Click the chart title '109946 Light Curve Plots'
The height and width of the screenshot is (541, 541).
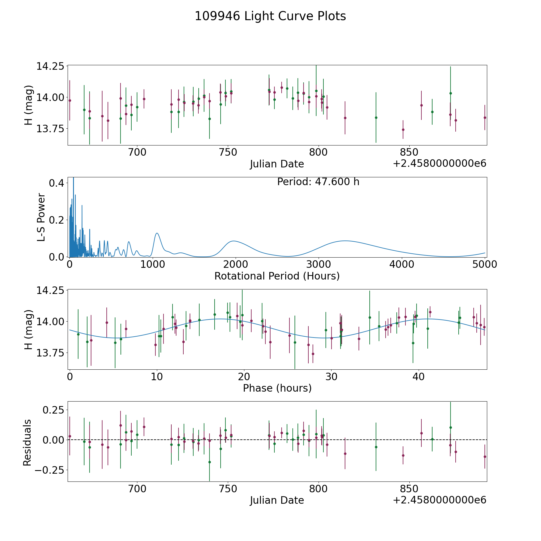click(x=270, y=16)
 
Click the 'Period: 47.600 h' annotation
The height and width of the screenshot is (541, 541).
click(x=318, y=182)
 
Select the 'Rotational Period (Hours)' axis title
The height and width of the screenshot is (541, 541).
click(x=277, y=276)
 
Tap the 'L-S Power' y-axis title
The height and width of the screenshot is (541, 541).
click(x=41, y=217)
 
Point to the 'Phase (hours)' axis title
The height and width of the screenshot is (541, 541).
click(x=277, y=388)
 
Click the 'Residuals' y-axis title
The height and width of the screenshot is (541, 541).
click(x=27, y=443)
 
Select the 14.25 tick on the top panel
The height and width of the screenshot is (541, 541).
click(x=50, y=66)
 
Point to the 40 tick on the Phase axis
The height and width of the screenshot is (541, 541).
click(x=418, y=377)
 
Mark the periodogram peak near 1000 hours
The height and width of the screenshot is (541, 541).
click(x=157, y=233)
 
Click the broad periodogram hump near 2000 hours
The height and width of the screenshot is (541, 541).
click(x=234, y=241)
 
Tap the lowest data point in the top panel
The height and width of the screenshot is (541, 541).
click(x=403, y=130)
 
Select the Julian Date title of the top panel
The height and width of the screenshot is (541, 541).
click(x=277, y=164)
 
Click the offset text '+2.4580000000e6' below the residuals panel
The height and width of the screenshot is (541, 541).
click(x=439, y=500)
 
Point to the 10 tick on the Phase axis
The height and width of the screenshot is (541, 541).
click(x=157, y=377)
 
